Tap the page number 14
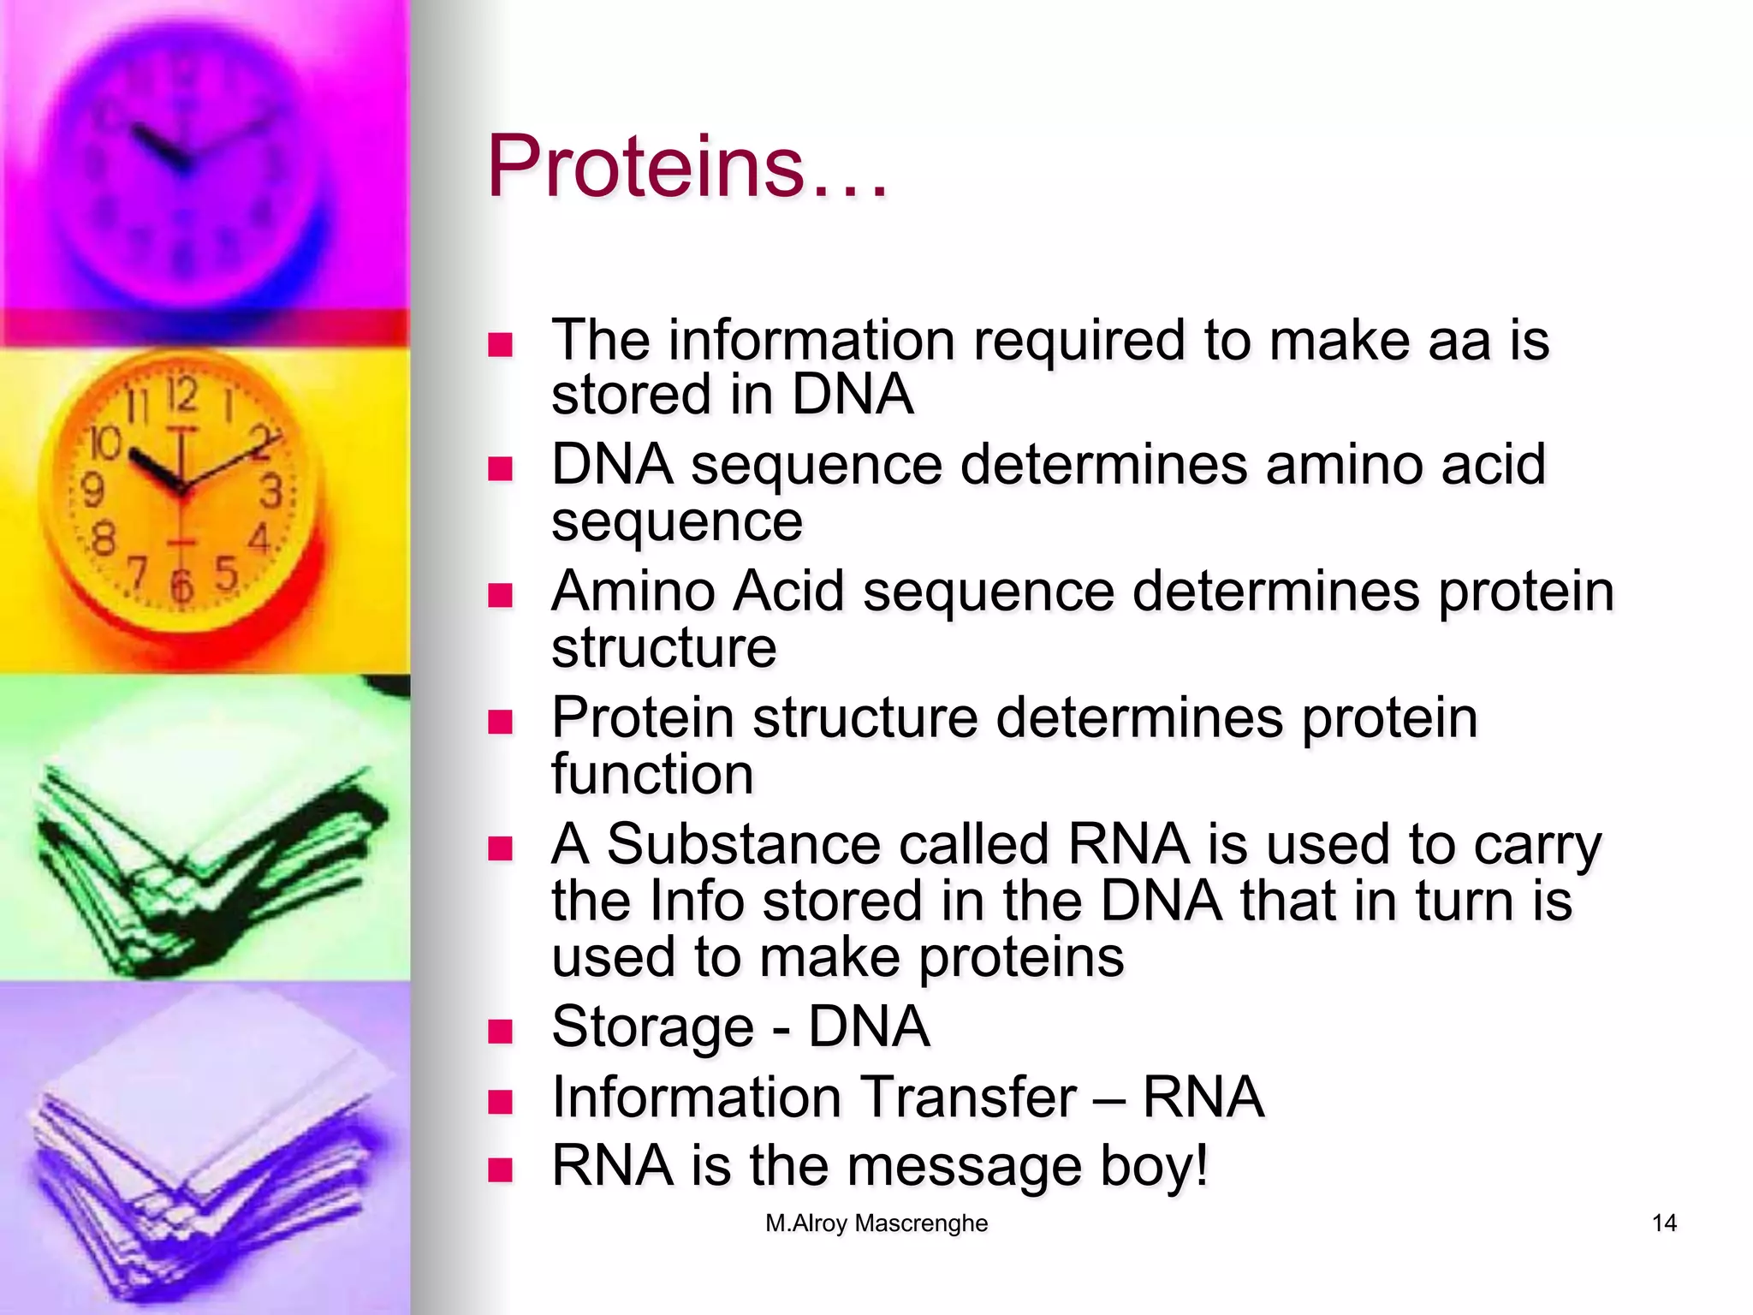(x=1663, y=1223)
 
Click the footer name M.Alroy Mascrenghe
(x=876, y=1223)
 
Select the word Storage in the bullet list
(x=652, y=1026)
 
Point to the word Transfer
(x=967, y=1097)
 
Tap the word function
(x=652, y=774)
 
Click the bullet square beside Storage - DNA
(x=500, y=1031)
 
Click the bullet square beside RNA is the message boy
(x=500, y=1170)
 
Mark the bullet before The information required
(x=500, y=345)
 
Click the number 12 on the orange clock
(x=181, y=396)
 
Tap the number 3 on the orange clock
(x=270, y=491)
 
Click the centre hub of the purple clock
(x=182, y=164)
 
